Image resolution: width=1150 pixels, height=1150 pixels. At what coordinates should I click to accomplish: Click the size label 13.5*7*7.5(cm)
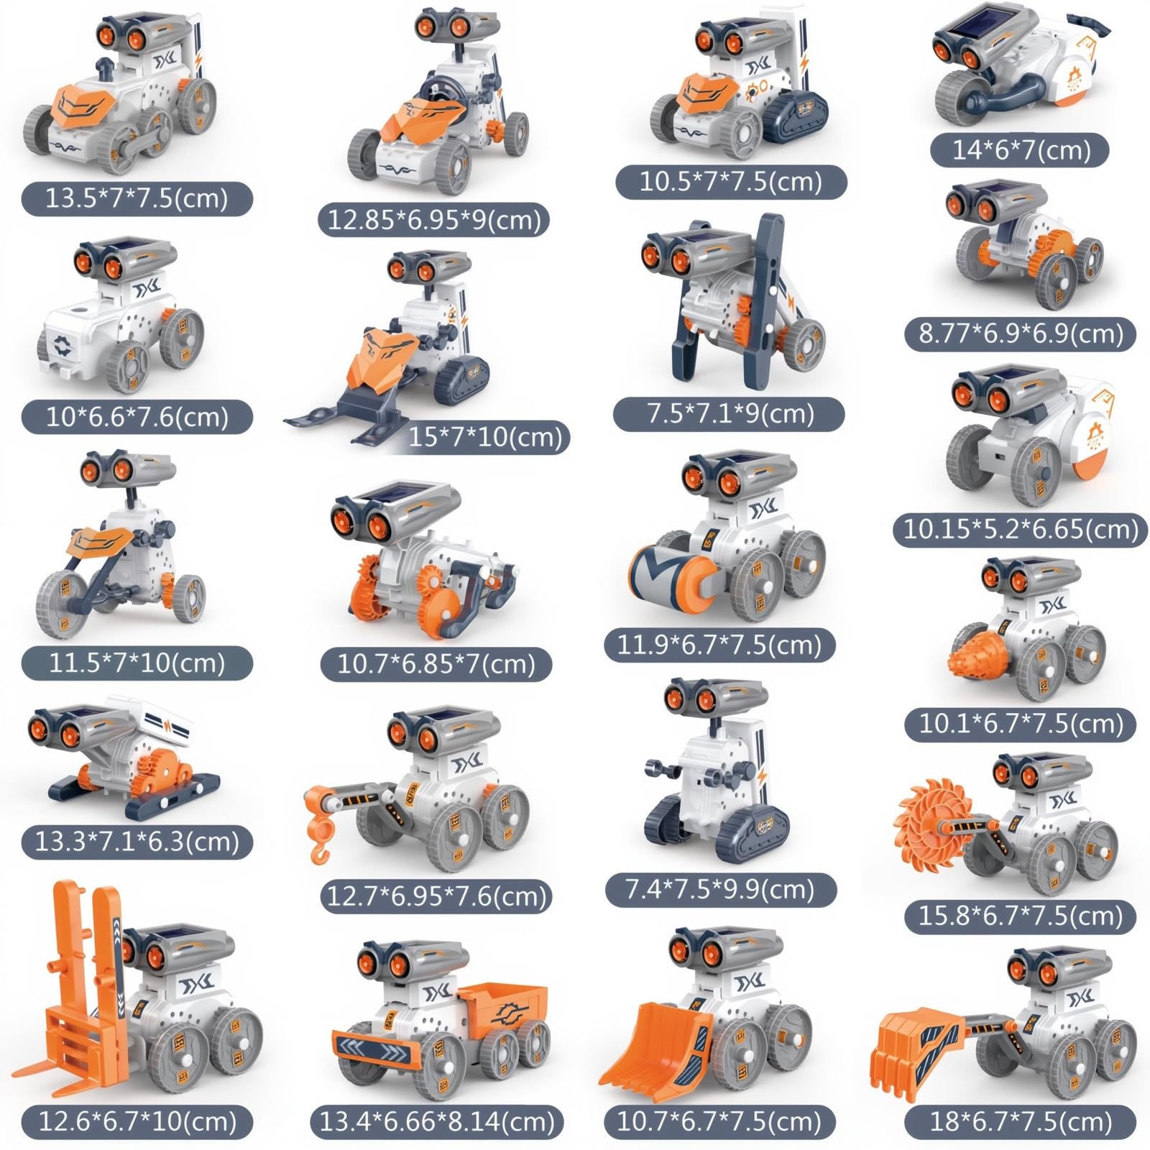tap(137, 198)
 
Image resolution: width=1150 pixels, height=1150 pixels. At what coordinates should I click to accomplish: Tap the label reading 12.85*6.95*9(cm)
tap(434, 219)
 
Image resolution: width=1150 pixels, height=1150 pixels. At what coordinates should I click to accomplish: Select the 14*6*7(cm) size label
tap(1021, 150)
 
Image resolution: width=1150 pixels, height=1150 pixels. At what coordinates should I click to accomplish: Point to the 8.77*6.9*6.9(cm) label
tap(1021, 334)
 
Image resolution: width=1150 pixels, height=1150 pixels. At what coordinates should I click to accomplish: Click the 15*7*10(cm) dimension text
tap(486, 436)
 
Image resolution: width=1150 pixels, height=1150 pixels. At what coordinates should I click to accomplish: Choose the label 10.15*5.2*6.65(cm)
tap(1021, 530)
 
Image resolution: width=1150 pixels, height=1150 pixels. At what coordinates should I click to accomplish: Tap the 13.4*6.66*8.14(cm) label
tap(437, 1121)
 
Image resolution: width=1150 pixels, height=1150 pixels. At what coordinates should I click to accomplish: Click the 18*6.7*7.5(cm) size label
tap(1021, 1121)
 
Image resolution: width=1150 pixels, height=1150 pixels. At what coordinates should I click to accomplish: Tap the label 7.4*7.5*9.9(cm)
tap(720, 890)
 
